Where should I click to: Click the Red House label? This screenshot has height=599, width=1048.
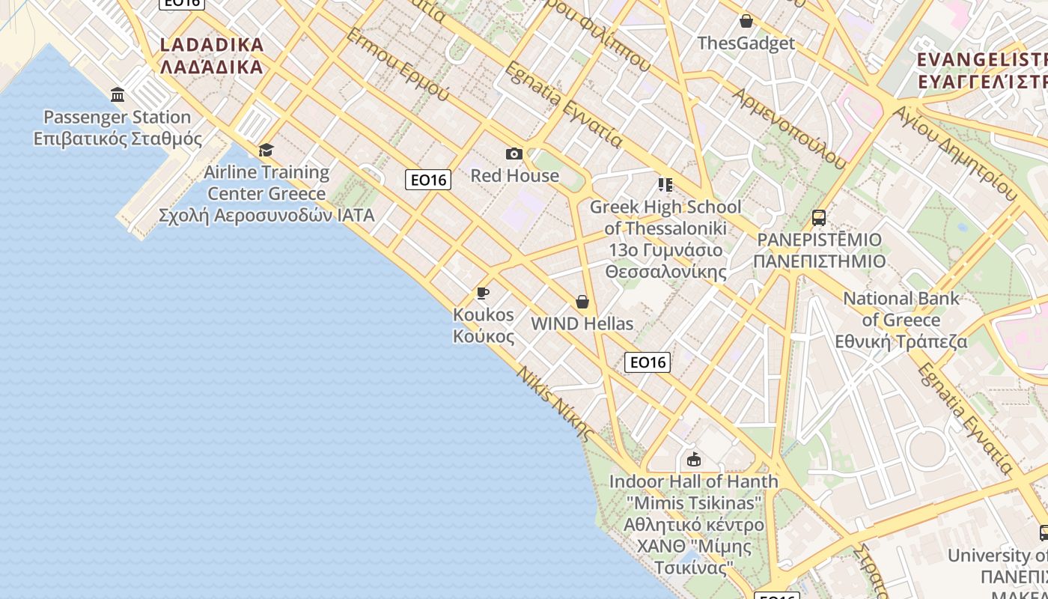514,176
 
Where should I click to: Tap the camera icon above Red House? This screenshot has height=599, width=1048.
514,154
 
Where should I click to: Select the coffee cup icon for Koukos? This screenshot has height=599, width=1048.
483,293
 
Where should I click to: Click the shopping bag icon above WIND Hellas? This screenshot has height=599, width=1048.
582,302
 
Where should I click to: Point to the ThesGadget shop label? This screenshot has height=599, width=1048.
746,43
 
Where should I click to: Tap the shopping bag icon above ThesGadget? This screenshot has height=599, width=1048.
746,21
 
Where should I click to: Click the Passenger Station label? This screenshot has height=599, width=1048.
118,118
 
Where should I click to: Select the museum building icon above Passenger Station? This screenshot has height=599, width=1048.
118,95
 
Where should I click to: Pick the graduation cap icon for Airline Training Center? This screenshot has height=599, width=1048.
266,150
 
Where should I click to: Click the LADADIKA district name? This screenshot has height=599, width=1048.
212,45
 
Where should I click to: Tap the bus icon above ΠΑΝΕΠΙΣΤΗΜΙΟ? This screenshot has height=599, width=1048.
819,218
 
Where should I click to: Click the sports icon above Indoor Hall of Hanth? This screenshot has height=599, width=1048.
694,459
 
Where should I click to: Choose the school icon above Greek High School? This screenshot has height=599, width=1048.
665,184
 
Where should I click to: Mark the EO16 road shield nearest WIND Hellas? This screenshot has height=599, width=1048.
648,362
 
